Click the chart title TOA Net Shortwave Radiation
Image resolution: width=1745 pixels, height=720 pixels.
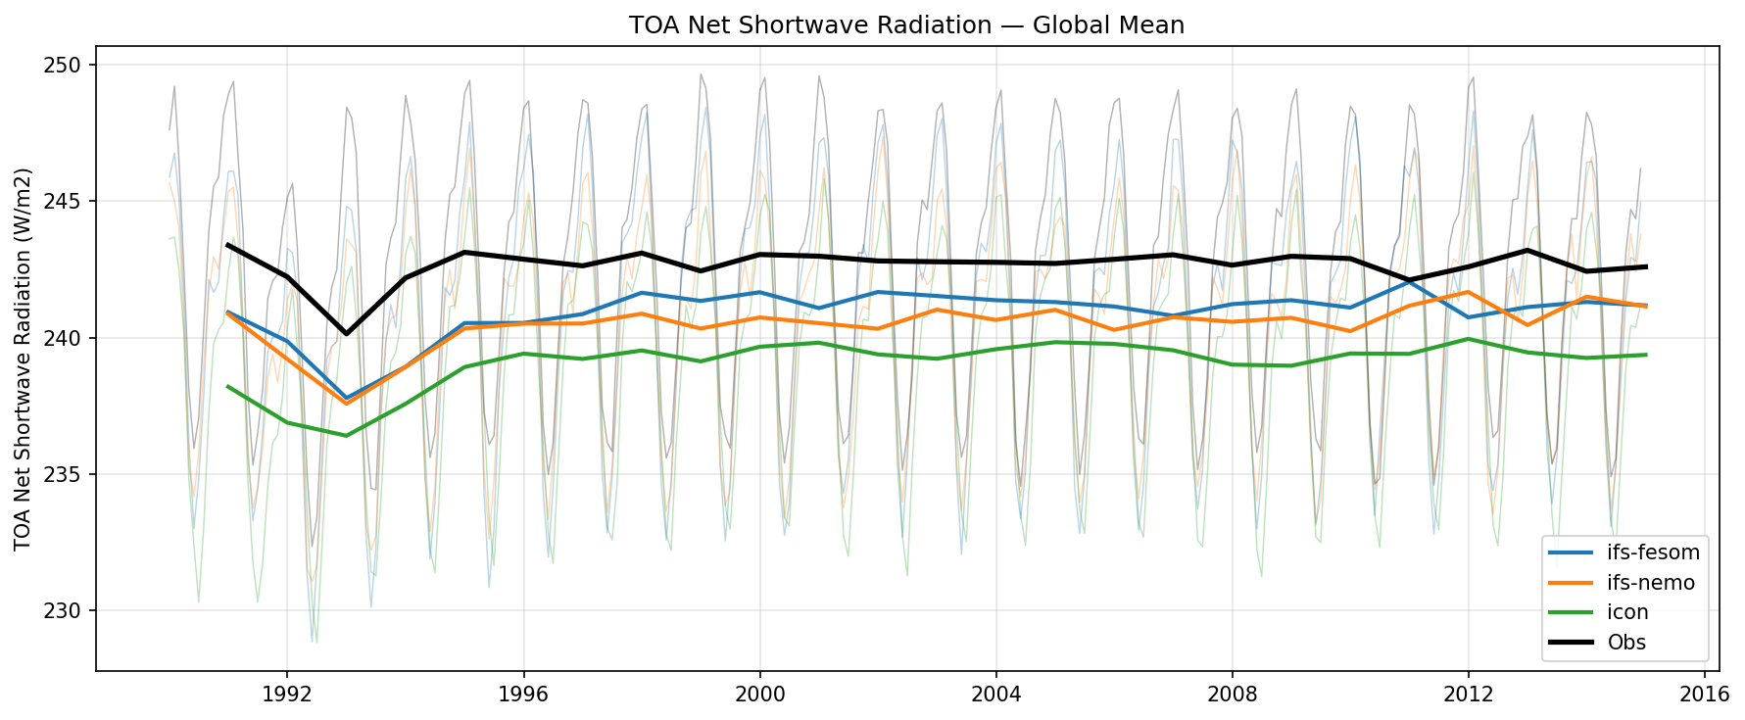[906, 25]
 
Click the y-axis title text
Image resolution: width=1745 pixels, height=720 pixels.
[24, 359]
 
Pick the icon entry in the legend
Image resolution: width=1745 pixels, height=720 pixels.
[1627, 613]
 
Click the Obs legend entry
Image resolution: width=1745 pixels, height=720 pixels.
[1626, 644]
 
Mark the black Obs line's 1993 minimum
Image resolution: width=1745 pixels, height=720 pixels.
[346, 334]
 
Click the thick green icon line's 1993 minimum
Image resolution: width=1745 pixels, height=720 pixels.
[346, 436]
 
